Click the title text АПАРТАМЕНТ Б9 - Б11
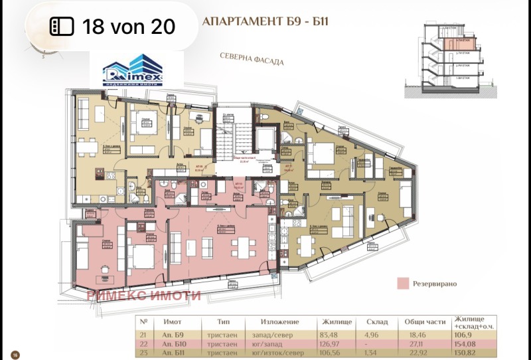pos(265,21)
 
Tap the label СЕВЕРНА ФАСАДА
pos(252,60)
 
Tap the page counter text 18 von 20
pos(128,27)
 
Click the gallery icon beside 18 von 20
pos(62,27)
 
